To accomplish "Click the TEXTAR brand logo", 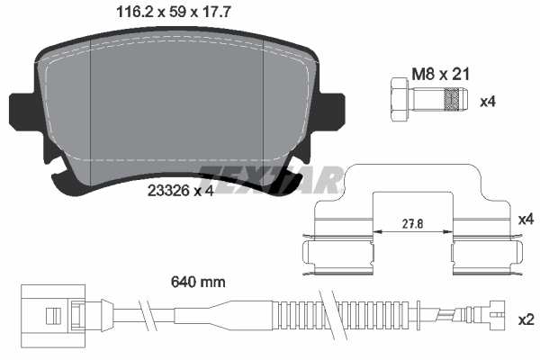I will [270, 180].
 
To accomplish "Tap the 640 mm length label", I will [198, 282].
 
